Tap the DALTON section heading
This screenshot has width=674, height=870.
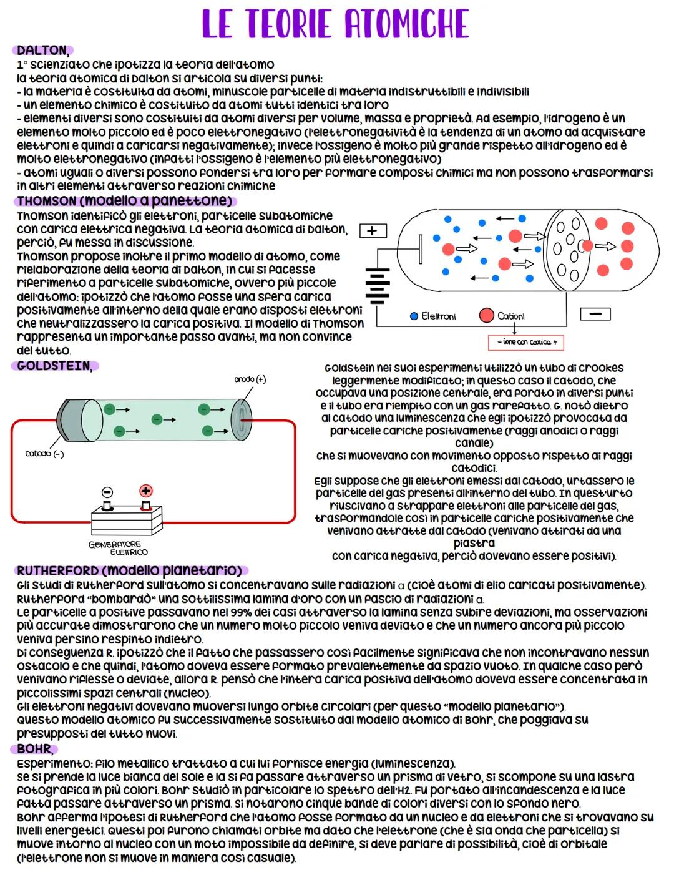42,51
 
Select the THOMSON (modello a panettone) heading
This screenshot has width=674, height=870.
124,201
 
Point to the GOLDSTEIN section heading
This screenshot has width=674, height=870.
54,366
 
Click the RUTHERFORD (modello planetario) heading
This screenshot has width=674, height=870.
130,570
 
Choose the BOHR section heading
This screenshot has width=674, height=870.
34,748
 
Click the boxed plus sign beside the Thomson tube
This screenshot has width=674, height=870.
373,231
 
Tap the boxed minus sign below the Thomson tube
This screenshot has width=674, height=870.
595,313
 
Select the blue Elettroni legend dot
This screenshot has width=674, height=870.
414,316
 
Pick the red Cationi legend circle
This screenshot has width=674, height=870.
486,316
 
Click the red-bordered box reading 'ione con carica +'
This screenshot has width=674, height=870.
526,342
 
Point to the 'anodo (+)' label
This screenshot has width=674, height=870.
250,379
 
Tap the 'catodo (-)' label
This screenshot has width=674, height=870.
44,454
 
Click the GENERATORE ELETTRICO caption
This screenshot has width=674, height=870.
117,548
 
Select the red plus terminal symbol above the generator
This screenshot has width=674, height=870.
146,491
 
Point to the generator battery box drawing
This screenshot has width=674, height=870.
127,517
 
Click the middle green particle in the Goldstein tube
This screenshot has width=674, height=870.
156,419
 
